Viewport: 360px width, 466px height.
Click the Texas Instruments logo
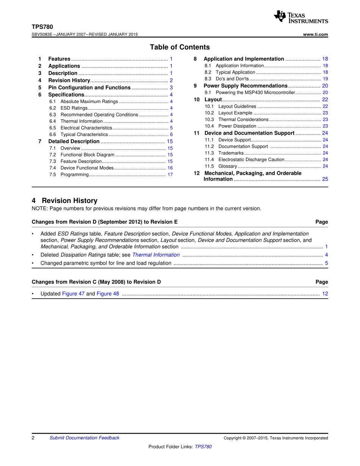tap(301, 17)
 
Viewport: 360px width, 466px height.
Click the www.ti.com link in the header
tap(316, 34)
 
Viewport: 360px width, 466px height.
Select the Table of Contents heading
tap(180, 47)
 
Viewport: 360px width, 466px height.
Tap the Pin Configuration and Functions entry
tap(89, 88)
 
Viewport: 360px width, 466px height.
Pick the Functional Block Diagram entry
tap(87, 155)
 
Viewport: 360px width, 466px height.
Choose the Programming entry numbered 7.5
tap(74, 175)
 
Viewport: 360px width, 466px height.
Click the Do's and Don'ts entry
tap(232, 79)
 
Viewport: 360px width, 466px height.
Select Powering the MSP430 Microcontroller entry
tap(255, 92)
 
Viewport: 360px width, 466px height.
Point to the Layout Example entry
tap(235, 113)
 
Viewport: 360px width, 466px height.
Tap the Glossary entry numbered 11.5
tap(227, 166)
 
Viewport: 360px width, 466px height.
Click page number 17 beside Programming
tap(170, 175)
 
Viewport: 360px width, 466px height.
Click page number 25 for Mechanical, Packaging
tap(325, 179)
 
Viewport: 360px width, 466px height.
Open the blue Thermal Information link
tap(156, 255)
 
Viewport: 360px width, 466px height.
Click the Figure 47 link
tap(73, 294)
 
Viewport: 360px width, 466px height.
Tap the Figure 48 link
tap(108, 294)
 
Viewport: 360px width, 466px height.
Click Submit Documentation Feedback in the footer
tap(84, 438)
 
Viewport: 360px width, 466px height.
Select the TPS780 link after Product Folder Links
tap(203, 447)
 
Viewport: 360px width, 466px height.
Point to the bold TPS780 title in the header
tap(42, 27)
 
